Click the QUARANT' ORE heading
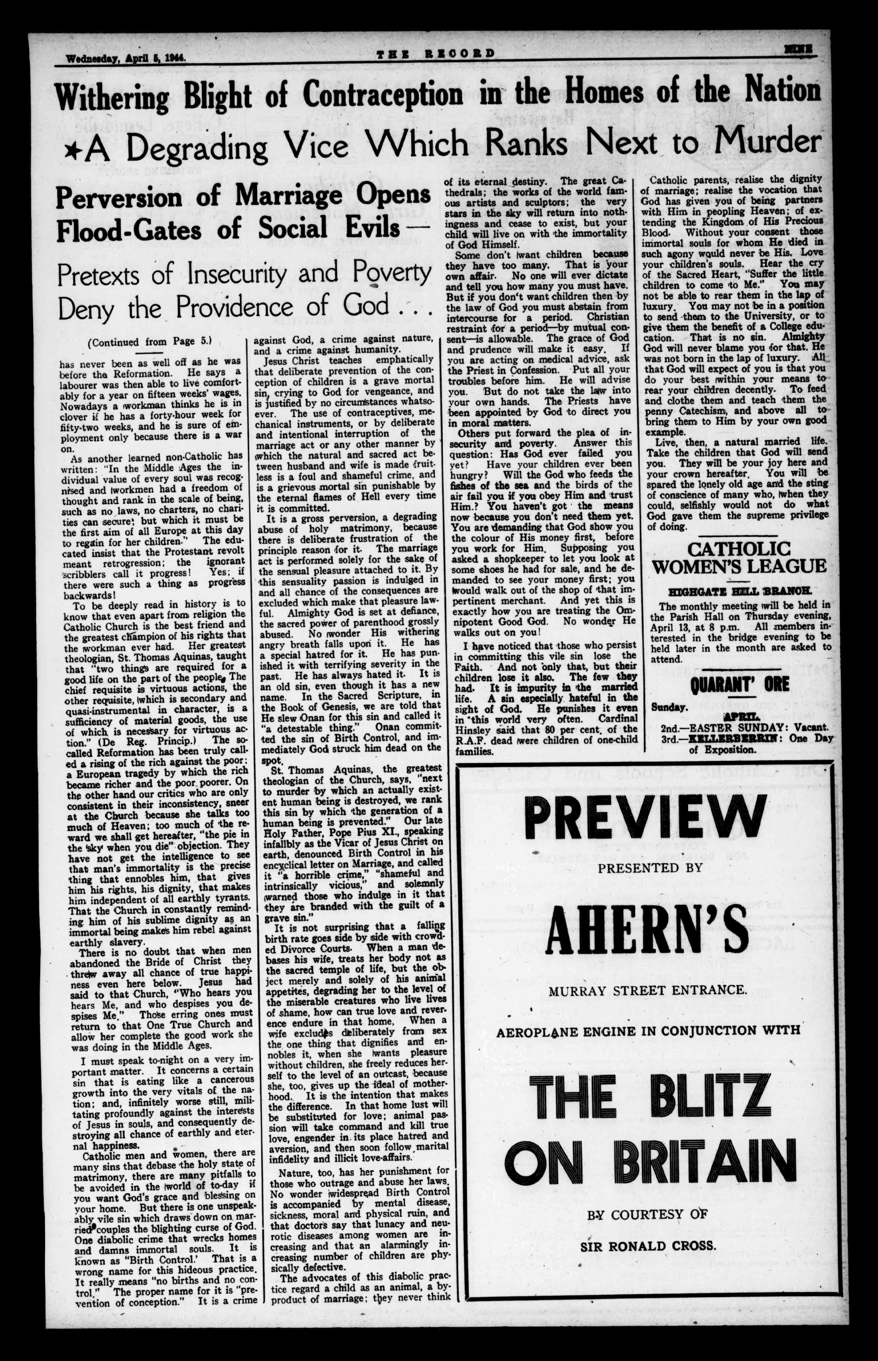(x=739, y=684)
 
